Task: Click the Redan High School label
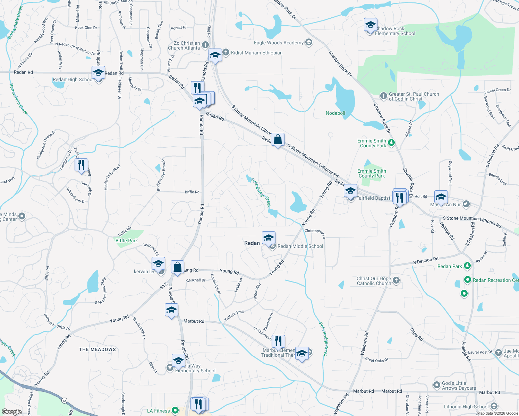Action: click(73, 80)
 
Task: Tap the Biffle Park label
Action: click(127, 241)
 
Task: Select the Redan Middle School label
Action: click(300, 246)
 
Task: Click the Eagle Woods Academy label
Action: click(279, 43)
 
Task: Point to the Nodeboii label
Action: click(335, 113)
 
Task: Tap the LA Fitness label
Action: click(159, 411)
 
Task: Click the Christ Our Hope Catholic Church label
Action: click(374, 281)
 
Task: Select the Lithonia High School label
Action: click(466, 407)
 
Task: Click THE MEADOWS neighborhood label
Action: click(97, 349)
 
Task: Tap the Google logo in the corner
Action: click(11, 411)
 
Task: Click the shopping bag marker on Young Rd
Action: click(178, 267)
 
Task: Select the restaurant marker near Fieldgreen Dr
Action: click(81, 165)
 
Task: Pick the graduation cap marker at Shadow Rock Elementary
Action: click(371, 25)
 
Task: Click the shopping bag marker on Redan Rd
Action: click(278, 140)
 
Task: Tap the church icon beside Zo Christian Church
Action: click(205, 45)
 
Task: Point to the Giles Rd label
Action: click(417, 334)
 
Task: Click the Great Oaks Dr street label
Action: click(376, 360)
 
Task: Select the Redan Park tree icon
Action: click(467, 266)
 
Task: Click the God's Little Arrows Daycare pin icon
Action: click(437, 385)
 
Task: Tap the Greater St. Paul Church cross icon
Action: click(383, 96)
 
